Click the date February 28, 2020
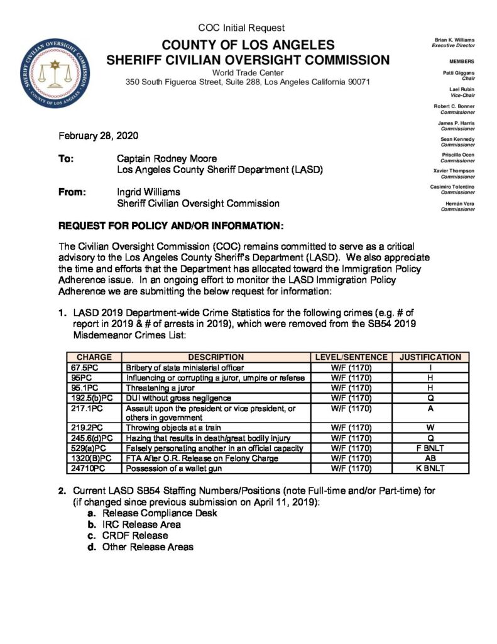[98, 136]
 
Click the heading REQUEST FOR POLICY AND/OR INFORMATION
[171, 225]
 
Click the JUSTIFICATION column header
[430, 357]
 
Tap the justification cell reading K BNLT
[430, 469]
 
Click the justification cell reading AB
[430, 458]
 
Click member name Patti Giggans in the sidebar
[458, 74]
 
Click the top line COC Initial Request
[241, 28]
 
